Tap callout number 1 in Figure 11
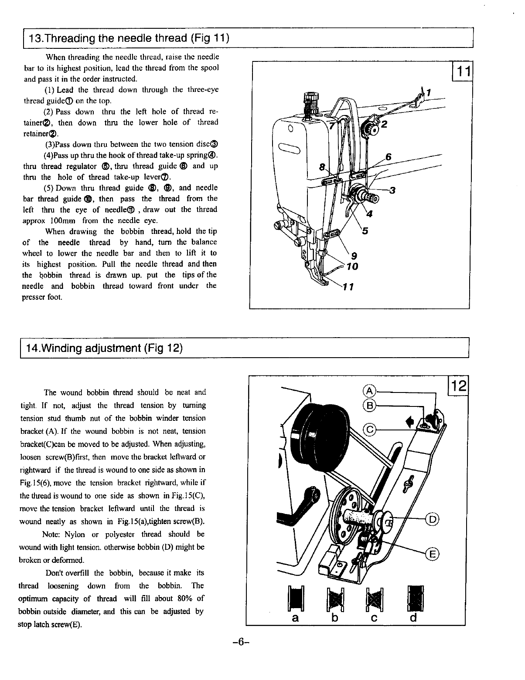pos(429,93)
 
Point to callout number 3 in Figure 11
pos(392,190)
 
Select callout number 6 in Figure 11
pos(389,157)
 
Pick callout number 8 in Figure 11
pos(322,167)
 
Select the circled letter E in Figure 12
pos(433,554)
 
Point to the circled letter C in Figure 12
pos(370,430)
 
